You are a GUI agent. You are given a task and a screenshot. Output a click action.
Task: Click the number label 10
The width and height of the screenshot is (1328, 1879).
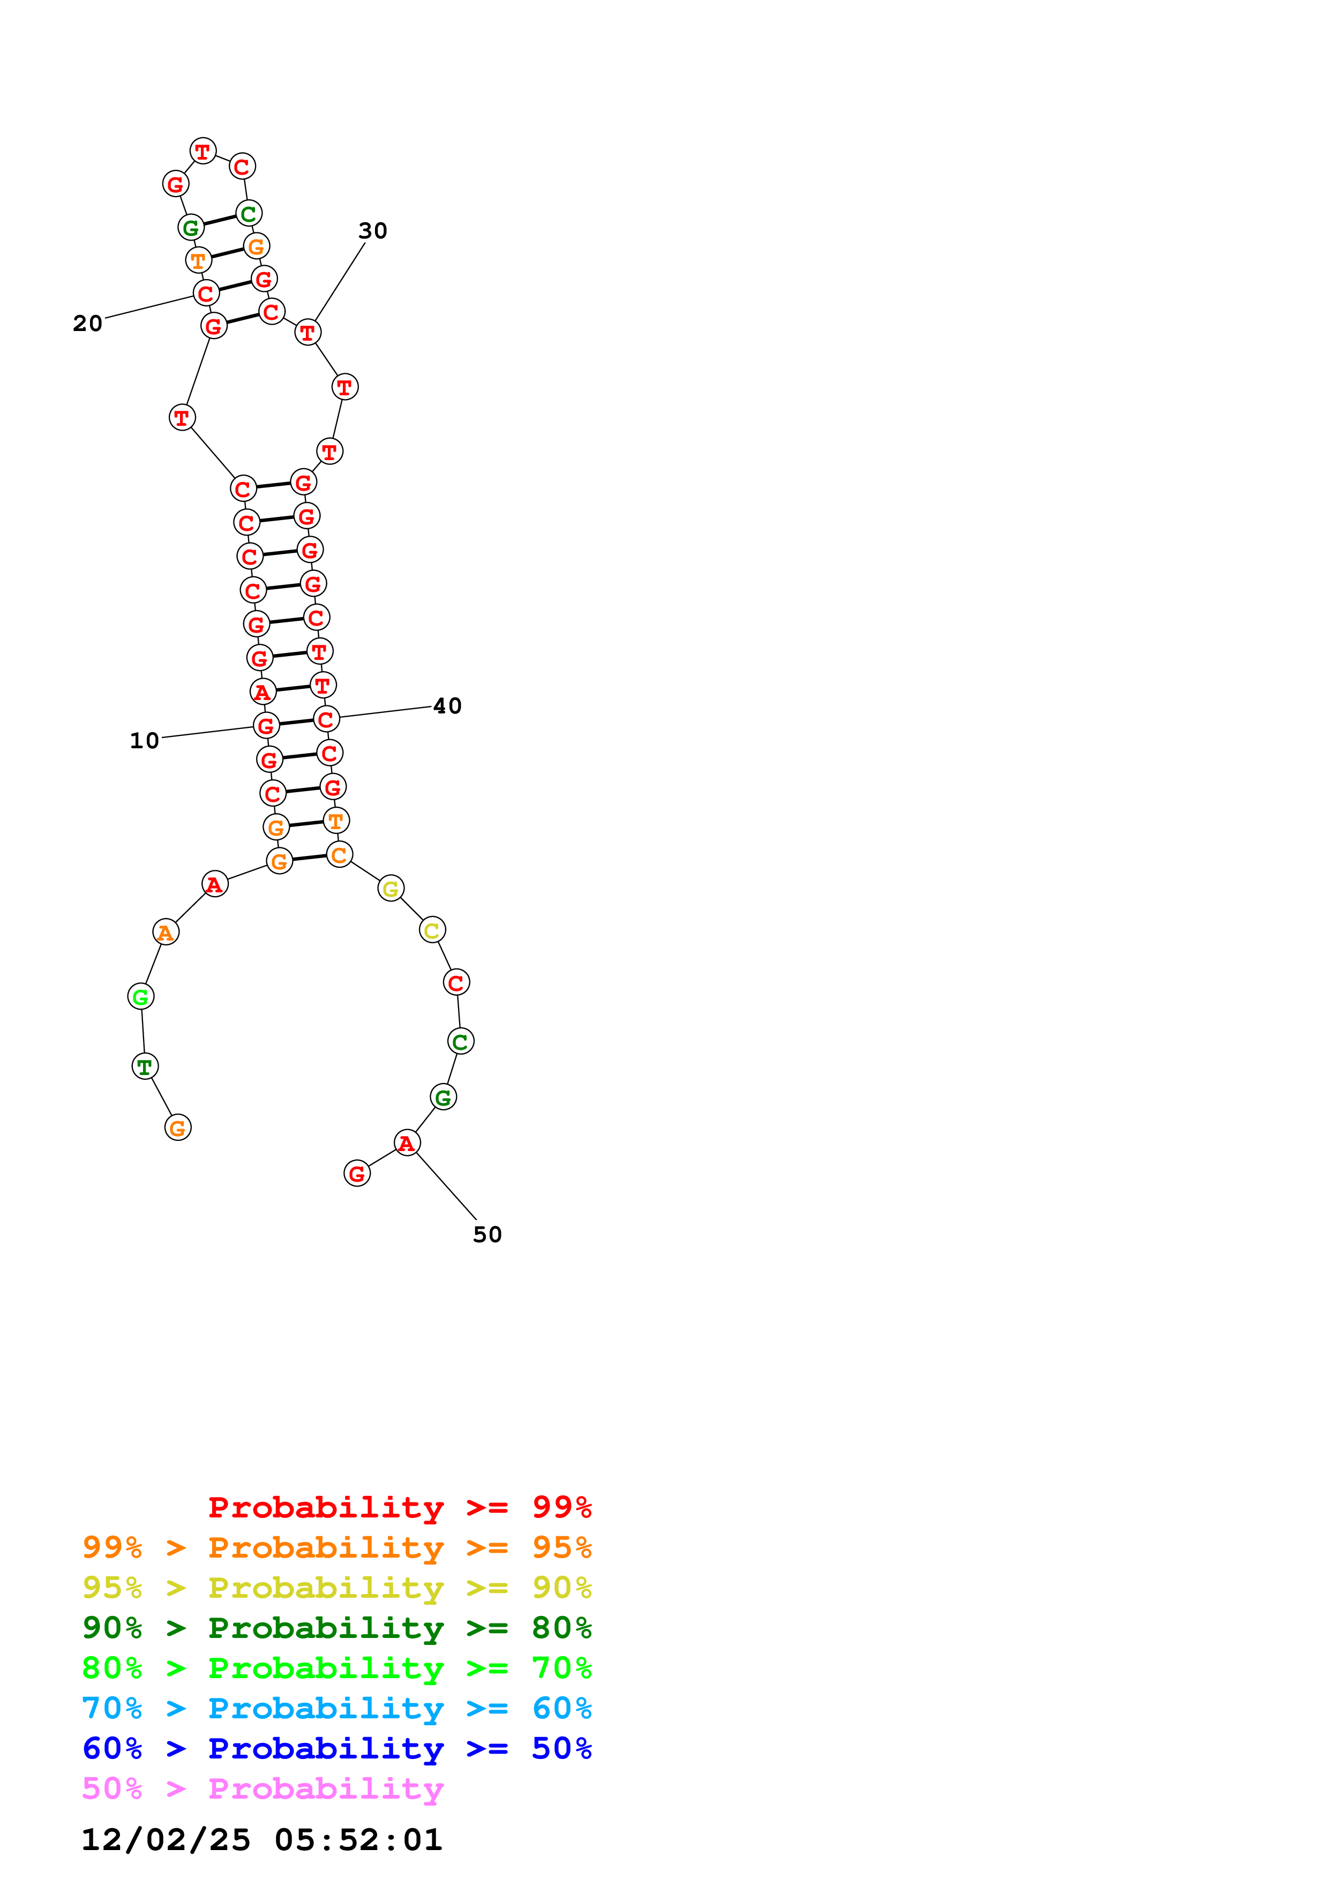pos(144,741)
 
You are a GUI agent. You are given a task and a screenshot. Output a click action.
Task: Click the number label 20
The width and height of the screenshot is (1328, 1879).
pos(87,324)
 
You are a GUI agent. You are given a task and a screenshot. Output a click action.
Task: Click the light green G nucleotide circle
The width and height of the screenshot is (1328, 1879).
pos(141,997)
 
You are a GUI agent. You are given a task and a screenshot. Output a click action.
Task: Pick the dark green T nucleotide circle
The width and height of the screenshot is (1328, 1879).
pos(145,1066)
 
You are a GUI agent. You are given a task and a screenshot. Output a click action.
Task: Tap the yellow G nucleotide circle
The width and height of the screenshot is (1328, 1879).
pos(391,888)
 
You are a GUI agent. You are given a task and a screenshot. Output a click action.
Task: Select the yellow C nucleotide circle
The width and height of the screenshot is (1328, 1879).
pos(432,930)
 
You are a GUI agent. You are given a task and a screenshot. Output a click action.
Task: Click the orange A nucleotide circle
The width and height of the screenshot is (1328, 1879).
pos(166,932)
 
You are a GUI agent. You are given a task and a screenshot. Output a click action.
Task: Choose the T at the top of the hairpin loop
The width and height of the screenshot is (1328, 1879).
pos(203,152)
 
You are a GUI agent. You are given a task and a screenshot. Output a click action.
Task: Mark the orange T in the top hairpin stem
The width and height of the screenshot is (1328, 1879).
pos(199,261)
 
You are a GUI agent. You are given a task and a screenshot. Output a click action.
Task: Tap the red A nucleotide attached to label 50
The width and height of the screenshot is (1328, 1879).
pos(407,1143)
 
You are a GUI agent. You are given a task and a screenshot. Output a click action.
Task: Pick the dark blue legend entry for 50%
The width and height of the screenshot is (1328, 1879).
pos(336,1748)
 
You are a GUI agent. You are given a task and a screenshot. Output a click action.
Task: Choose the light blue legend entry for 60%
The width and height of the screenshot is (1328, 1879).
pos(336,1708)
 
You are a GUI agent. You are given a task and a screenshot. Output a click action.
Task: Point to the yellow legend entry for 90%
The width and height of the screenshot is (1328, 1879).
pos(336,1588)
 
